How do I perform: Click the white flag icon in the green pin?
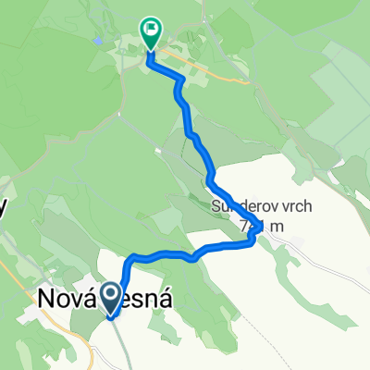coord(149,31)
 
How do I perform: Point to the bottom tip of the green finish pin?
coord(149,54)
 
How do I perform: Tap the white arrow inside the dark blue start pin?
coord(110,297)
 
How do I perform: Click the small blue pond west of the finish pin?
coord(97,42)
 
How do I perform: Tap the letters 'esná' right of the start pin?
coord(147,300)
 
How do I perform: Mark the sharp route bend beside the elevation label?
coord(252,240)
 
